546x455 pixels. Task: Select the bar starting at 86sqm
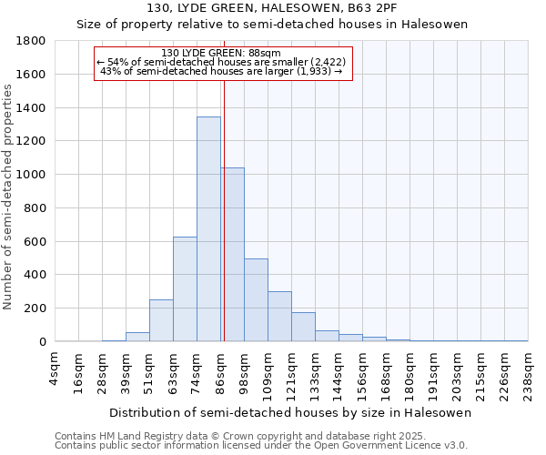[x=233, y=255]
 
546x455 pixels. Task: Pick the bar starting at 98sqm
[x=256, y=300]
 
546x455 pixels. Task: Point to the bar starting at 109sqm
[x=279, y=317]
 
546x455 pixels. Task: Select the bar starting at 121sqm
[x=303, y=327]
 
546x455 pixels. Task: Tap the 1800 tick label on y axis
[x=31, y=41]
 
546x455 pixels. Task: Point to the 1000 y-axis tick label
[x=31, y=175]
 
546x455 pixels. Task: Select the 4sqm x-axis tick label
[x=56, y=368]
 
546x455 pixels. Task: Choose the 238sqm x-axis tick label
[x=528, y=371]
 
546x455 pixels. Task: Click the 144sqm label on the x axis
[x=339, y=371]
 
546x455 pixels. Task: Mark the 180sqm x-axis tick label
[x=409, y=371]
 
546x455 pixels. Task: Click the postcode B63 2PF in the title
[x=354, y=8]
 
